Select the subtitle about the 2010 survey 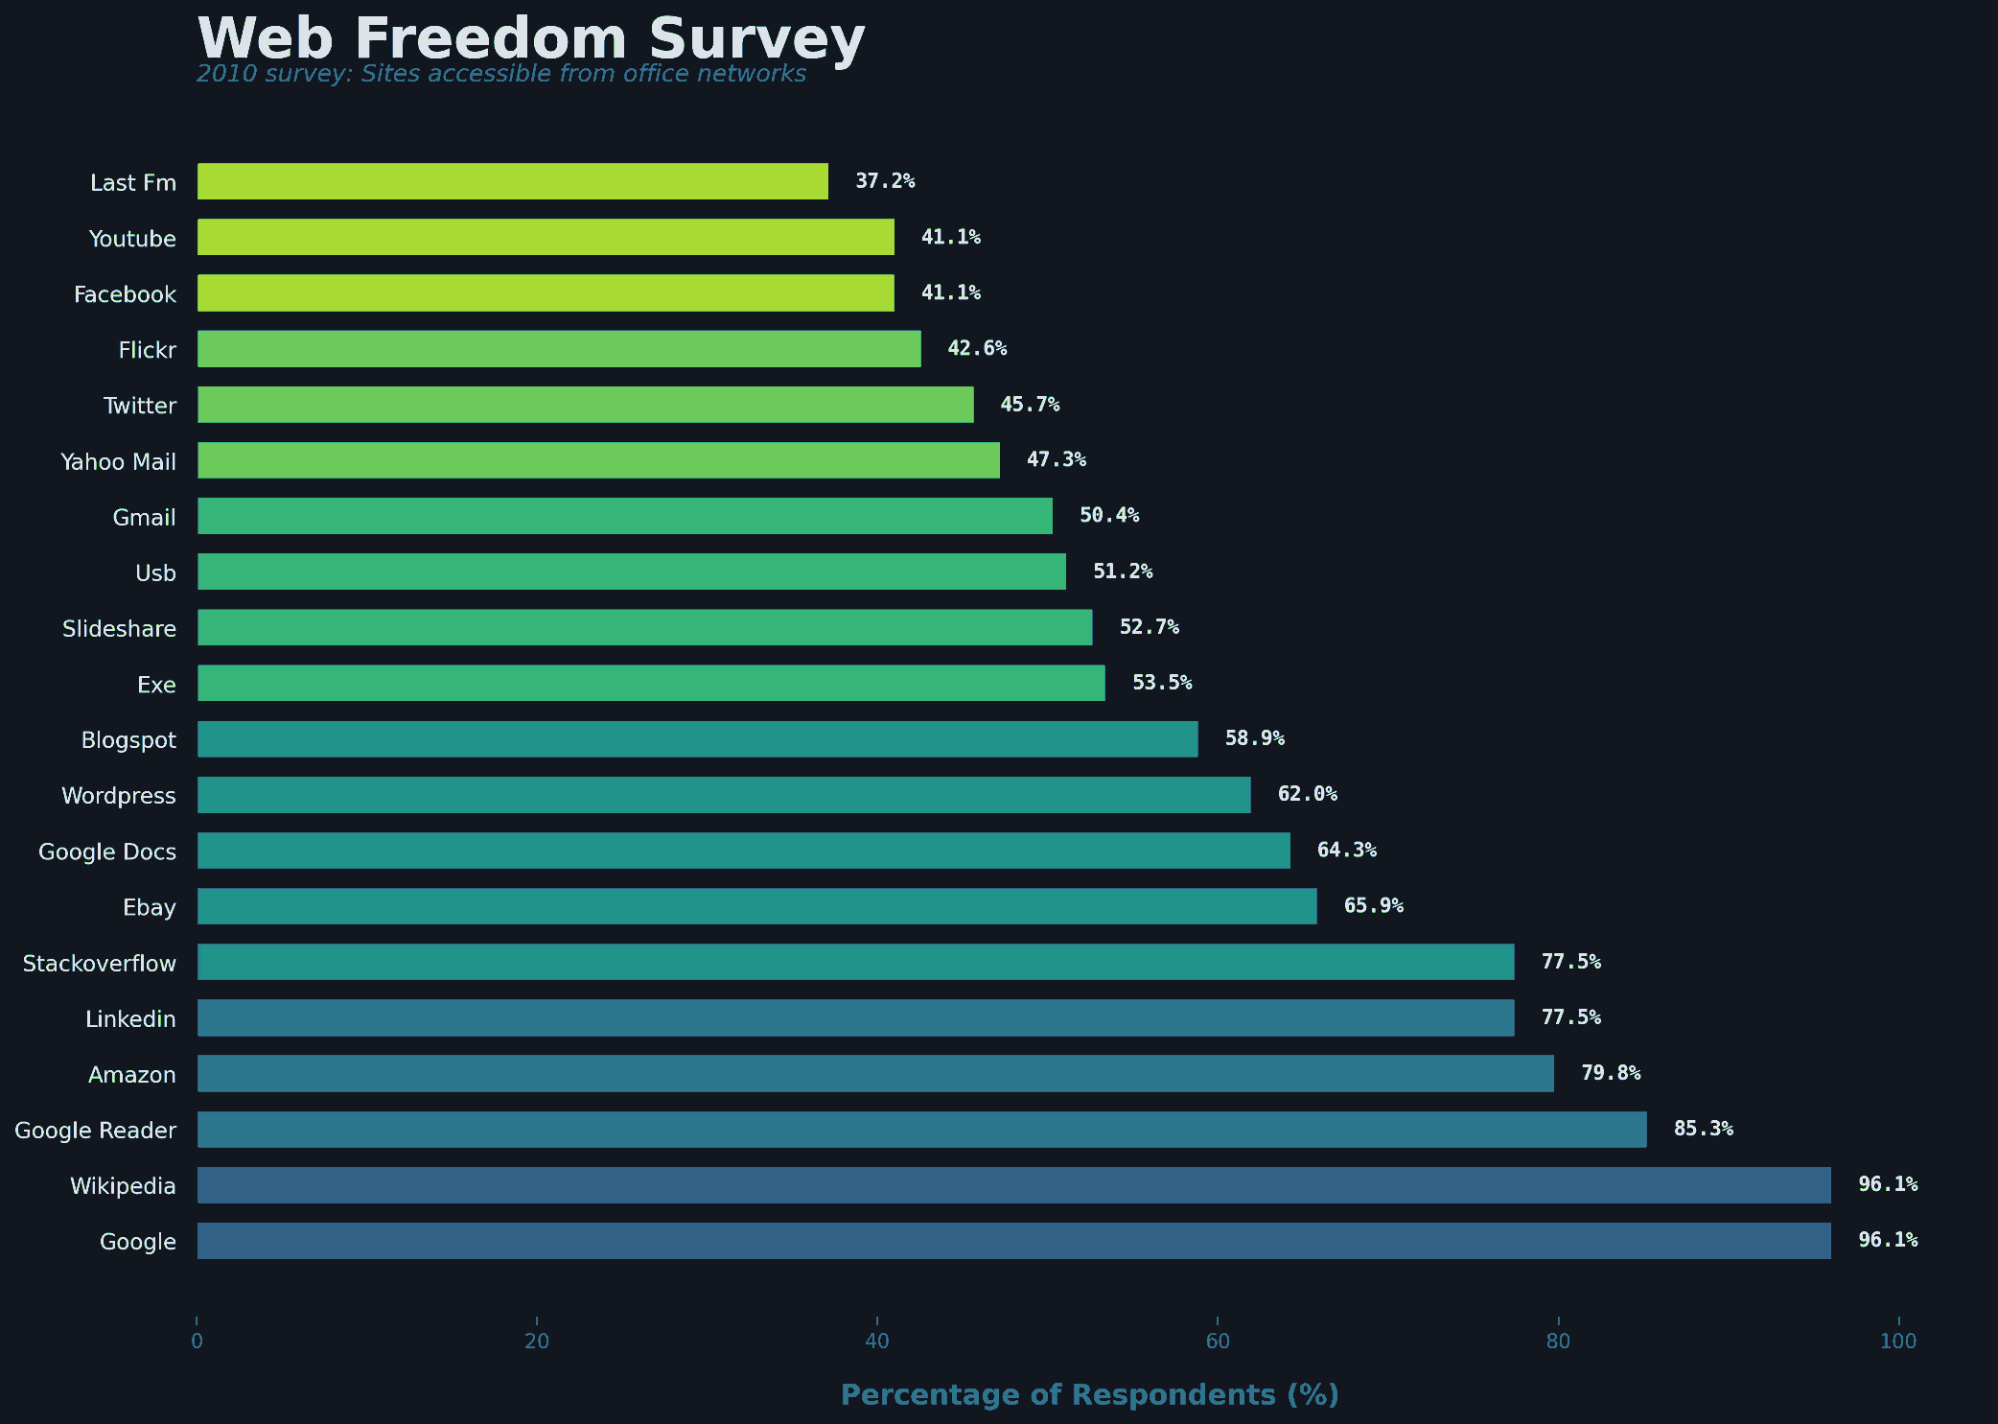point(500,74)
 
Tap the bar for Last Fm point(512,181)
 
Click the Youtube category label point(132,239)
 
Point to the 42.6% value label point(977,348)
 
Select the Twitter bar point(585,405)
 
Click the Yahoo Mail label point(118,462)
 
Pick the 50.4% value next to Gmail point(1109,515)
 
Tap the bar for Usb point(631,572)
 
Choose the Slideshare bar point(644,627)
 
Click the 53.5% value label point(1162,683)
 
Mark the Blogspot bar point(697,739)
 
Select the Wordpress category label point(119,796)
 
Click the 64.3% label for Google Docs point(1346,850)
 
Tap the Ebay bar point(756,906)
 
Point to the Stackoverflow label point(100,964)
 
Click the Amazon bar point(875,1073)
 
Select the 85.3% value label point(1703,1129)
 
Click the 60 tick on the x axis point(1217,1342)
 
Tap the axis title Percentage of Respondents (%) point(1089,1394)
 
